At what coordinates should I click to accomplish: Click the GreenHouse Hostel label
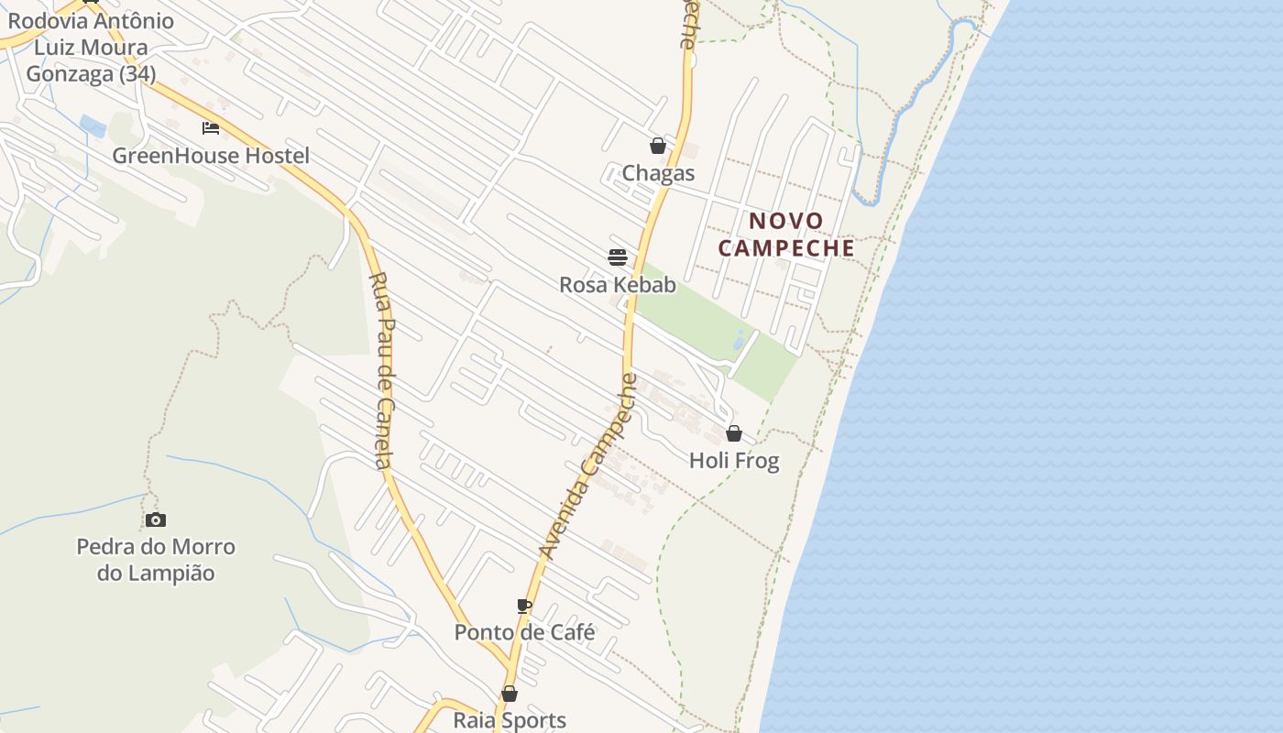click(211, 156)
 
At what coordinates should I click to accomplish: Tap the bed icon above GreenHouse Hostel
click(211, 127)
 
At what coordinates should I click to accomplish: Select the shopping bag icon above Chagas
click(657, 145)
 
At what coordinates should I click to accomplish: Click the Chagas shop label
click(658, 173)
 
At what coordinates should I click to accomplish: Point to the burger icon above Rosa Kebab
click(617, 257)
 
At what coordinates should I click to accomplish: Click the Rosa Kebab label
click(618, 285)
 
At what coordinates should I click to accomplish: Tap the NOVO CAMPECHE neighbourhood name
click(786, 235)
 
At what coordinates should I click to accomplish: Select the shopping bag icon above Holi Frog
click(733, 432)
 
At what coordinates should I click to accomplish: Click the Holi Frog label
click(734, 460)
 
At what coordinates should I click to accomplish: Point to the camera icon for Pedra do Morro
click(156, 520)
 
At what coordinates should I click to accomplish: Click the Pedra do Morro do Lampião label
click(156, 560)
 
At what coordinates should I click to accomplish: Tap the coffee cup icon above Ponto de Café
click(523, 605)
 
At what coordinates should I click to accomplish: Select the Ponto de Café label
click(524, 632)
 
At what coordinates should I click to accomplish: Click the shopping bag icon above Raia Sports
click(510, 694)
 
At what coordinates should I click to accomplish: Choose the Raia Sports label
click(510, 720)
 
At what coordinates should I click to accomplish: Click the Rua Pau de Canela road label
click(383, 370)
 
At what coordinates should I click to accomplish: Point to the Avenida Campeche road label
click(587, 466)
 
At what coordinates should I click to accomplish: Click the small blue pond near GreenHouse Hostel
click(93, 126)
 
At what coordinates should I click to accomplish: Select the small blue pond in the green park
click(739, 341)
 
